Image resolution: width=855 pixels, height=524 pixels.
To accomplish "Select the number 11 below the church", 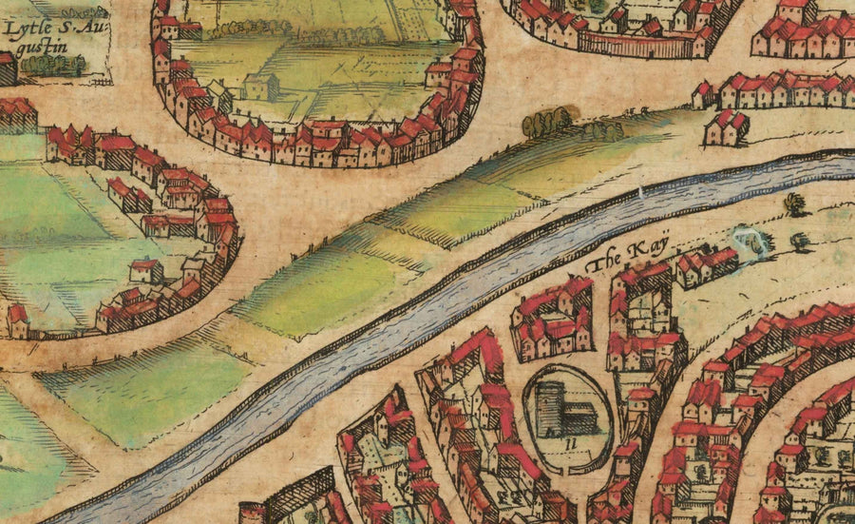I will tap(568, 442).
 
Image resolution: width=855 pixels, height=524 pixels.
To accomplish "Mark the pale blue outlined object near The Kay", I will tap(753, 242).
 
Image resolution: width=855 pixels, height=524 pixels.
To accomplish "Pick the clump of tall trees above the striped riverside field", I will tap(548, 121).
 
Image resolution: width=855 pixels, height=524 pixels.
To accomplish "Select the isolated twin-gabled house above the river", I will tap(726, 127).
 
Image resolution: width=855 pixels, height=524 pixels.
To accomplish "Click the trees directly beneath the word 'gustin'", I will tap(52, 65).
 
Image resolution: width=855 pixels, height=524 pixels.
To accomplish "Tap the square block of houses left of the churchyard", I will tap(552, 320).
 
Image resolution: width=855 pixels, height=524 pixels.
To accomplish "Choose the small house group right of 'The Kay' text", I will tap(704, 266).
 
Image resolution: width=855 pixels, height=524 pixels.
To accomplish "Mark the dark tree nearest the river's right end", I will tap(794, 203).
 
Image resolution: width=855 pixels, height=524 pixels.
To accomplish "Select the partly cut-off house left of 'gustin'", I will tap(8, 68).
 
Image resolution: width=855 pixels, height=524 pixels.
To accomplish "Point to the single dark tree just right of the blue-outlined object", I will tap(800, 241).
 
